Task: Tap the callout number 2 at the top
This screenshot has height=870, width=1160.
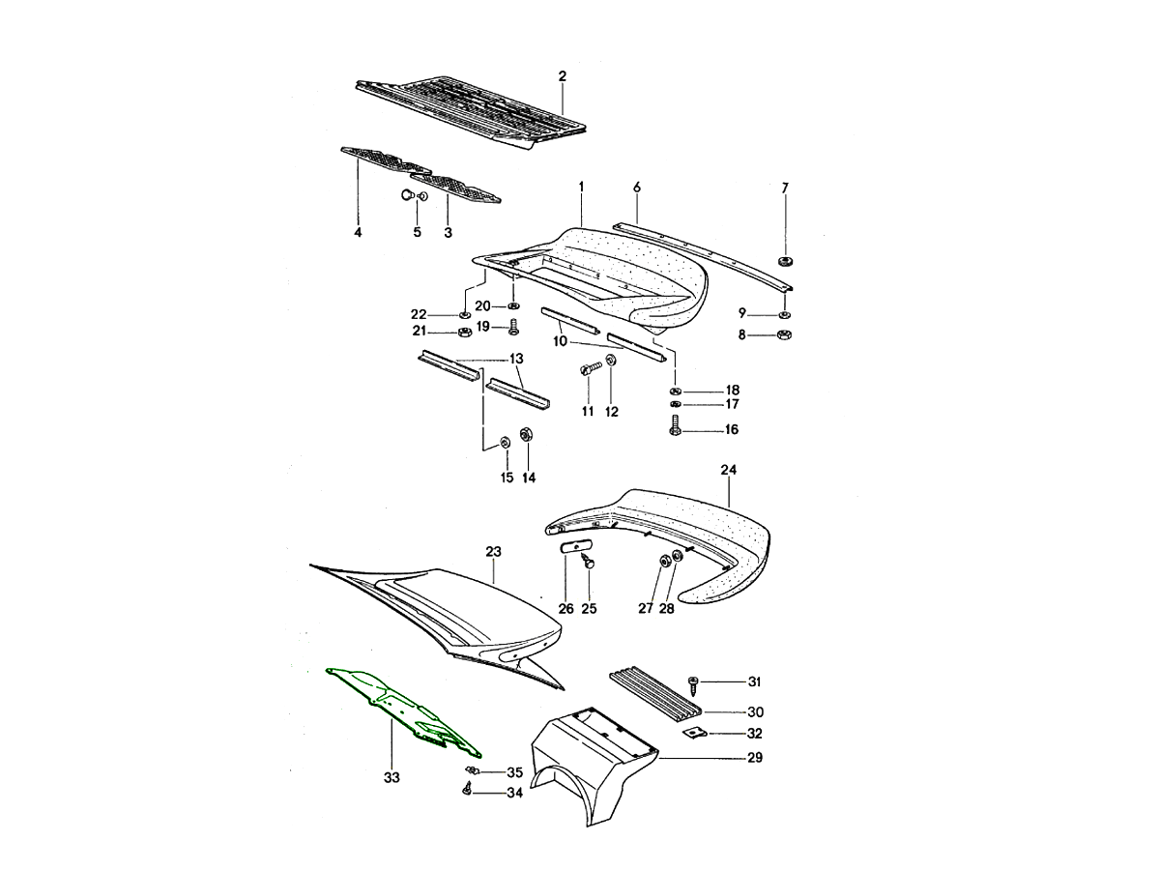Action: pos(563,76)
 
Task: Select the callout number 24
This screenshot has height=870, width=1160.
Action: pos(728,470)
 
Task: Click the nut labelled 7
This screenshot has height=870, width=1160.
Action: pos(786,261)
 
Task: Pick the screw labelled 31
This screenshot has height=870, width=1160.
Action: pos(693,685)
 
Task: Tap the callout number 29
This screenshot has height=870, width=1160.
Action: pos(755,758)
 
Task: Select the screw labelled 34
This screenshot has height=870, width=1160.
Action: pos(467,789)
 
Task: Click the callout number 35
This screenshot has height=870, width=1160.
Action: pos(514,772)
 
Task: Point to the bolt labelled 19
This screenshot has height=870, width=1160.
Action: pos(512,327)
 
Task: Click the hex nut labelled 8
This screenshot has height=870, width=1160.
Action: pos(785,334)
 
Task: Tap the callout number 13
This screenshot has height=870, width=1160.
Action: pos(516,358)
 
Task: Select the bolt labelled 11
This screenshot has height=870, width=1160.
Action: pos(591,367)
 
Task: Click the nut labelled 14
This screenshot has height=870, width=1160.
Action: pos(526,434)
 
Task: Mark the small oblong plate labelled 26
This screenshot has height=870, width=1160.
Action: pos(575,546)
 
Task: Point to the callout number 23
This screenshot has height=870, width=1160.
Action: pos(493,551)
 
